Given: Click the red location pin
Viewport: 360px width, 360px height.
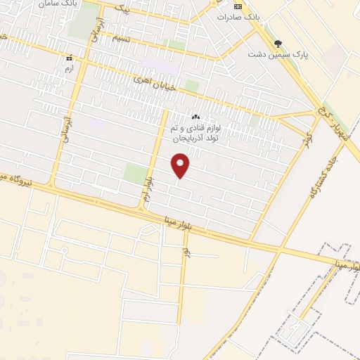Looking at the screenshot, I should click(x=181, y=166).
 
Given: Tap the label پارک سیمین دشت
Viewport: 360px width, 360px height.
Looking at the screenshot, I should click(x=278, y=53).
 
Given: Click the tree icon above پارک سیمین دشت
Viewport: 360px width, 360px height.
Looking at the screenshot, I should click(x=278, y=43).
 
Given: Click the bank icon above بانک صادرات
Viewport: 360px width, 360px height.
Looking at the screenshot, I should click(x=237, y=6).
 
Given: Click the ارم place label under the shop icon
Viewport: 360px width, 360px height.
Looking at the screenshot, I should click(x=68, y=70).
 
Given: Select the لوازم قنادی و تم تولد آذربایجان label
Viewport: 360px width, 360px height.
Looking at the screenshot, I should click(x=195, y=134).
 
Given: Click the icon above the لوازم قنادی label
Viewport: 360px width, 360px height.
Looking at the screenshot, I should click(x=195, y=117).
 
